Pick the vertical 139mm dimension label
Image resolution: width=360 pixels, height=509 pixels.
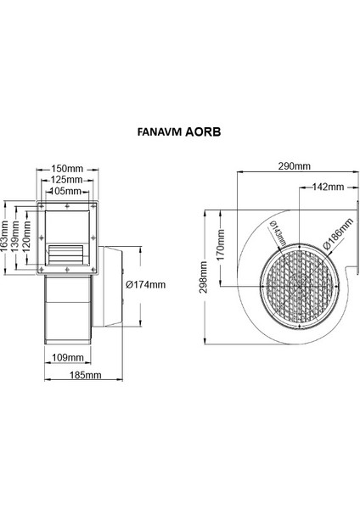click(x=16, y=237)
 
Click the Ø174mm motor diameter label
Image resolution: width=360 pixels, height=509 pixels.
click(x=144, y=284)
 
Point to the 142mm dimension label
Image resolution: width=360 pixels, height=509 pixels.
click(x=327, y=186)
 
